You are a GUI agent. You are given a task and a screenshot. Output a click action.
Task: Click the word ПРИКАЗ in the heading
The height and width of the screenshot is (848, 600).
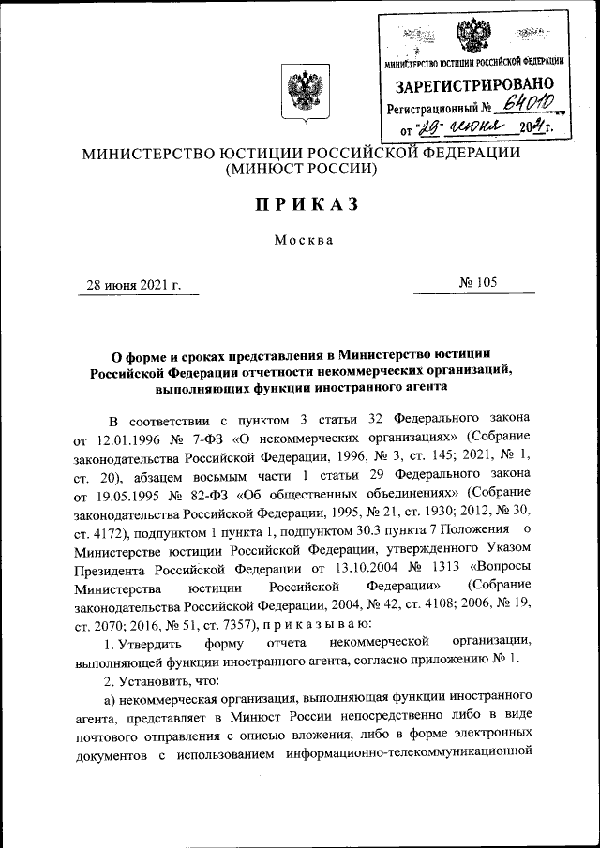click(x=299, y=205)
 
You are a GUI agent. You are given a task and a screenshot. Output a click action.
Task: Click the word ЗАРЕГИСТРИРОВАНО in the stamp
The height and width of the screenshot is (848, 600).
click(x=474, y=86)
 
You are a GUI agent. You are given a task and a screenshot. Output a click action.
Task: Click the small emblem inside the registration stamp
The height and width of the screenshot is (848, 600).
click(x=474, y=36)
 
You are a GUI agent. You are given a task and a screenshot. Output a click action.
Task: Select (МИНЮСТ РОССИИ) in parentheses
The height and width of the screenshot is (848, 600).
click(x=300, y=171)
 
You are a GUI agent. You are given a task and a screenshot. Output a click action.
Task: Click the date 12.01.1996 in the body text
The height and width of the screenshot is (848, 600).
click(x=130, y=439)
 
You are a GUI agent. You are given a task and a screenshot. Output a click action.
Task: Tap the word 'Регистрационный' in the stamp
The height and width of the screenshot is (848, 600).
click(x=431, y=109)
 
